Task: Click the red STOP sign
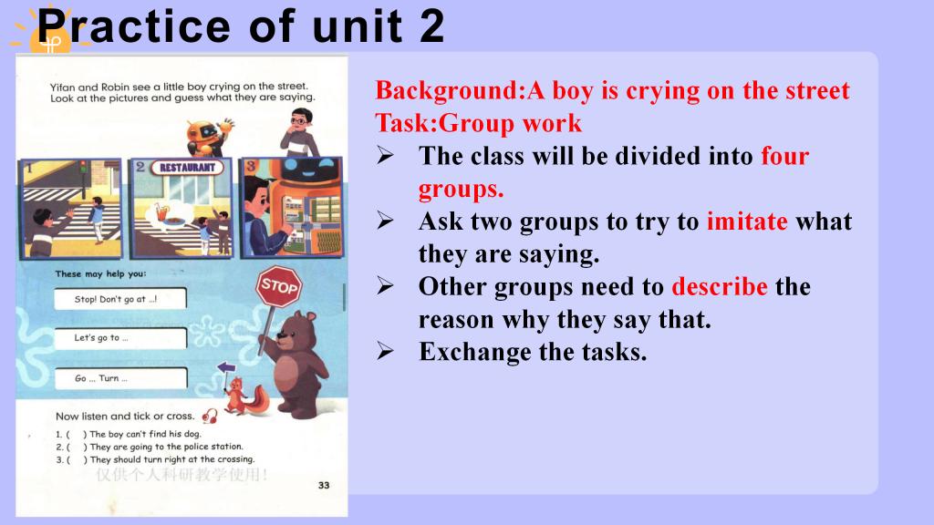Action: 279,286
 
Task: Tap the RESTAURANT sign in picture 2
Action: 187,168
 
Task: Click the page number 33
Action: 324,485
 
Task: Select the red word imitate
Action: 747,221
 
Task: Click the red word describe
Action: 720,286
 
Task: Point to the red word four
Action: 785,156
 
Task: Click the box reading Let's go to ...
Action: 120,338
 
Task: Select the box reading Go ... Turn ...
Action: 121,378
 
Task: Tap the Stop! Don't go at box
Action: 120,299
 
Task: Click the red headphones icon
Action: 210,416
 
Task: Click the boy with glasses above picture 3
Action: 300,133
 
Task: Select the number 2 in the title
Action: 431,26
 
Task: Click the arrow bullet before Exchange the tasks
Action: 386,352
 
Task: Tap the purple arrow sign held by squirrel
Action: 226,367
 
